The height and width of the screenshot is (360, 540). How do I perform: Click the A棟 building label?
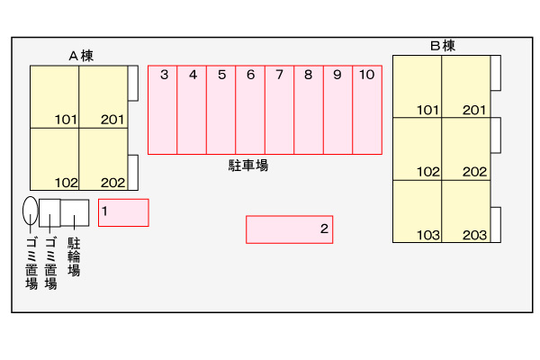81,55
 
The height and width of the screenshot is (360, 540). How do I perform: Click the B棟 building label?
443,45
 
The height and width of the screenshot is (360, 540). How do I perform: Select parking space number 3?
163,109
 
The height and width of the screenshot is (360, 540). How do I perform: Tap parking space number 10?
366,109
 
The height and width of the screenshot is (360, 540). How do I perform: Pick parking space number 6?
250,109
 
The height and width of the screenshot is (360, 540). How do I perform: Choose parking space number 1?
123,212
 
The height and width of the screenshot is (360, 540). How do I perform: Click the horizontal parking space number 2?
290,229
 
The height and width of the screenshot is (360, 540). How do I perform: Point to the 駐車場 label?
248,166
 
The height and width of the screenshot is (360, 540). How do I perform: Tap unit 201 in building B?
465,86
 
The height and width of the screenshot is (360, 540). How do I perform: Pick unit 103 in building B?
417,211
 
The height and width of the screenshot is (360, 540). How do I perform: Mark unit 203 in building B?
465,211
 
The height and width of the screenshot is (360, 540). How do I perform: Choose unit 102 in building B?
417,149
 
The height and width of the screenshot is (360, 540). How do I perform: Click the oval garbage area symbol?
31,211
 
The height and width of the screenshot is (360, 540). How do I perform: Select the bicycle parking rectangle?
75,212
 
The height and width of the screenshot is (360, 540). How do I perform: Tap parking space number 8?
308,109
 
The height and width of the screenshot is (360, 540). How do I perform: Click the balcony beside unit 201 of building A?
132,83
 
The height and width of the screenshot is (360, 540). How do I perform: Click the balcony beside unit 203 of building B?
494,224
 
